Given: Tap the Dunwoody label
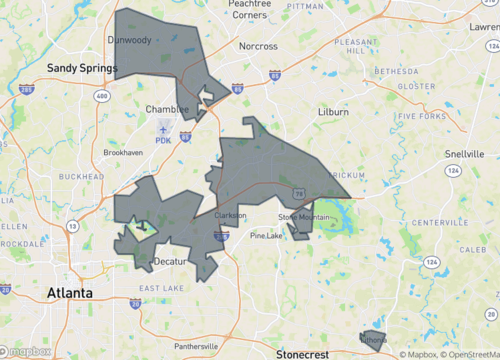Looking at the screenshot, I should [129, 41].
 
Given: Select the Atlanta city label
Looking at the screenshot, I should [70, 293].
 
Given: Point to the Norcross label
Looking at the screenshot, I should [258, 46].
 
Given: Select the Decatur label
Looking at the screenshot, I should [171, 262].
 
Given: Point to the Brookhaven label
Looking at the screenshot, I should [123, 152].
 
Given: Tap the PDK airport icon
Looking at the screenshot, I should [164, 128].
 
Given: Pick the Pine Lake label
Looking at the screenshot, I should [267, 236].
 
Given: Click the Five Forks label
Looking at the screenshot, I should [421, 116].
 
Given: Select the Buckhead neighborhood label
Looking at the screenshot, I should [81, 176].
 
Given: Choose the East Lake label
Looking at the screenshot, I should [160, 288].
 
